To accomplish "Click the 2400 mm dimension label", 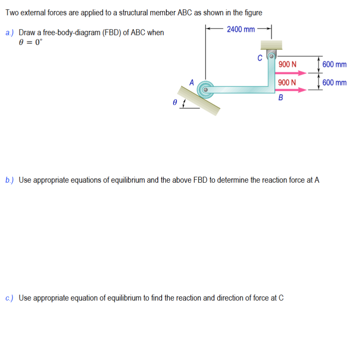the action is pyautogui.click(x=241, y=29).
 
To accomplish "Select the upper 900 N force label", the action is pyautogui.click(x=287, y=65).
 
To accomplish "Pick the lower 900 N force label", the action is pyautogui.click(x=287, y=82).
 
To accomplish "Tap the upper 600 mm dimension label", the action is pyautogui.click(x=334, y=65).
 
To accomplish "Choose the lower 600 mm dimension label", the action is pyautogui.click(x=334, y=82).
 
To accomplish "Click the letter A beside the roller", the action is pyautogui.click(x=192, y=82).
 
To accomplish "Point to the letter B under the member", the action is pyautogui.click(x=280, y=98).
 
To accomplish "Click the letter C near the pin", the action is pyautogui.click(x=260, y=58).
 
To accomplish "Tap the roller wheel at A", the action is pyautogui.click(x=206, y=89).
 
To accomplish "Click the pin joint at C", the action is pyautogui.click(x=272, y=55).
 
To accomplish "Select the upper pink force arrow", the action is pyautogui.click(x=291, y=73).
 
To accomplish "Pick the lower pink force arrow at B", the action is pyautogui.click(x=291, y=89).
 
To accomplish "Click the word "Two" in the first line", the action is pyautogui.click(x=11, y=13).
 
